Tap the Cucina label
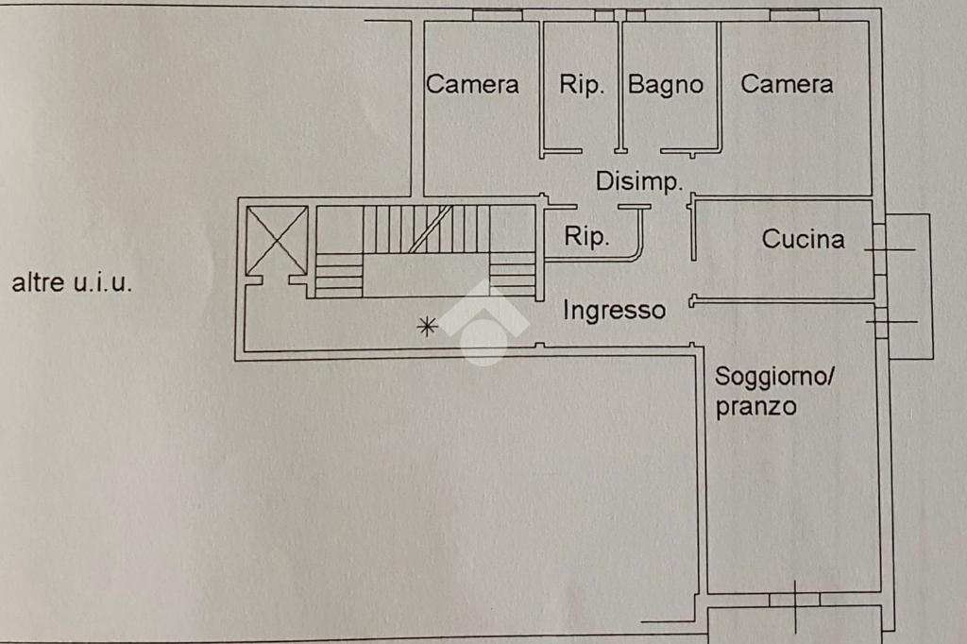803,239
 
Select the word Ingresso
614,311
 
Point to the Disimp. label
639,182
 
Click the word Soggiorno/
774,376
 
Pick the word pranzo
756,407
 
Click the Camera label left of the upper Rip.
472,84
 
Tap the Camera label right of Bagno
787,84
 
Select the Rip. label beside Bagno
582,85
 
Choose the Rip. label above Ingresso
586,236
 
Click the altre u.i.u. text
72,282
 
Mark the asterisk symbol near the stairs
427,326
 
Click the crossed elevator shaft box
277,241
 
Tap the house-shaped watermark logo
483,321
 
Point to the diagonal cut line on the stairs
431,229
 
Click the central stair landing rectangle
426,275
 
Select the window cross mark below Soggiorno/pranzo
795,606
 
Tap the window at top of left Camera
497,15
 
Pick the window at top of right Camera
794,15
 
